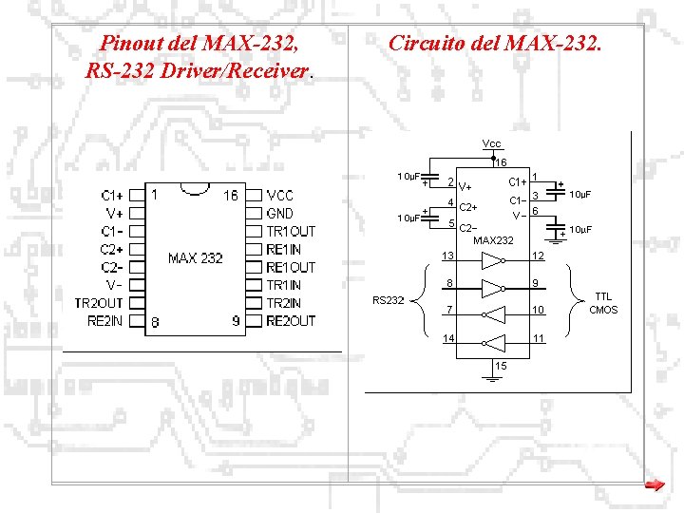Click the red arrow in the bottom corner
[654, 485]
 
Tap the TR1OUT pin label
[291, 231]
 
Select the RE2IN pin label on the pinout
[104, 321]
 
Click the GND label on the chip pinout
[280, 213]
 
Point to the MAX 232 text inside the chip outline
[195, 258]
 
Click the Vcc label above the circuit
[491, 143]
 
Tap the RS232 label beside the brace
[388, 300]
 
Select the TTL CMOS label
[603, 303]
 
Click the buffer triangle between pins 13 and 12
[491, 259]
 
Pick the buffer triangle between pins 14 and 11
[491, 341]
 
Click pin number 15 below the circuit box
[501, 366]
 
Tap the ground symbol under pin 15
[492, 378]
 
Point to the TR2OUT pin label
[99, 303]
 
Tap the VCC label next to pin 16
[280, 195]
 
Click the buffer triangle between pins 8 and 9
[491, 287]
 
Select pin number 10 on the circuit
[538, 311]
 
